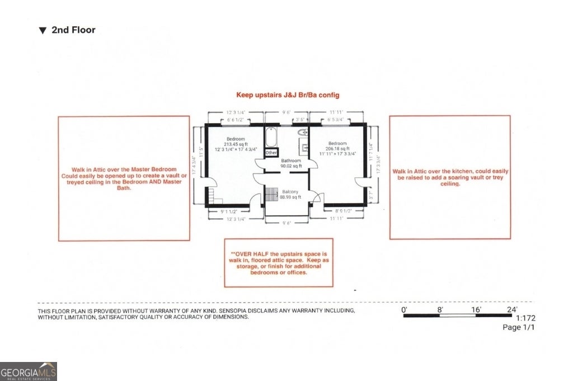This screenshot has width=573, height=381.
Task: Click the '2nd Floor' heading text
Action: coord(73,30)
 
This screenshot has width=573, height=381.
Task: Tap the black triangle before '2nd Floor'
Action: coord(43,31)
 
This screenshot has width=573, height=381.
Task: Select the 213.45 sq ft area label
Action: coord(236,144)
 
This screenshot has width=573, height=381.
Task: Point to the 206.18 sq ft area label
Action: coord(337,148)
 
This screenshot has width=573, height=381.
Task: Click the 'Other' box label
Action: coord(271,152)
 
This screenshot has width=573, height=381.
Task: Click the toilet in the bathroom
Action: coord(302,133)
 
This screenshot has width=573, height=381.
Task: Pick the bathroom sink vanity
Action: coord(306,148)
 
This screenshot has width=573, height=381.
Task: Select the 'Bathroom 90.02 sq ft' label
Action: coord(291,163)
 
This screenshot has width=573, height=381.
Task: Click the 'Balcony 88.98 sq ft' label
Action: coord(290,194)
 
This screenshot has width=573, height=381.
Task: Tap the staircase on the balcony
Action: coord(271,194)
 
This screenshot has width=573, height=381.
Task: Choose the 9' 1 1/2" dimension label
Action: coord(229,211)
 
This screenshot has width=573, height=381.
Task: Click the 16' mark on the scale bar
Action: coord(476,309)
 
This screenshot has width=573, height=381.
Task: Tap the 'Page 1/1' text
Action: coord(519,328)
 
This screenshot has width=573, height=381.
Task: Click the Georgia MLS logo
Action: coord(29,371)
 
